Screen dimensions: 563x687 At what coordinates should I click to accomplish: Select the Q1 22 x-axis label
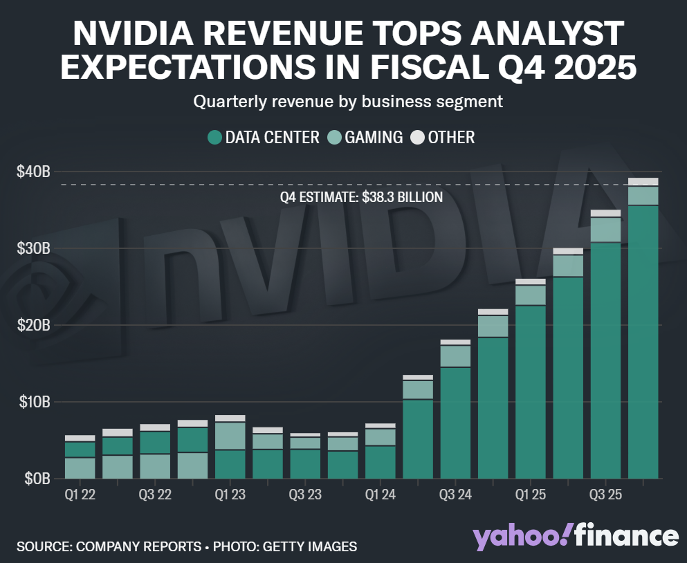pyautogui.click(x=80, y=495)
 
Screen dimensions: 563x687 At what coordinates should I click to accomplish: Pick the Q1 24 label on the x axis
pyautogui.click(x=380, y=495)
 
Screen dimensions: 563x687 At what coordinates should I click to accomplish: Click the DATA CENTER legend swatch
pyautogui.click(x=214, y=138)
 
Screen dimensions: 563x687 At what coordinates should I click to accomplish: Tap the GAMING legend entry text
pyautogui.click(x=374, y=138)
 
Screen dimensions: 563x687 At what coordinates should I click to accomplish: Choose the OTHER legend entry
pyautogui.click(x=451, y=138)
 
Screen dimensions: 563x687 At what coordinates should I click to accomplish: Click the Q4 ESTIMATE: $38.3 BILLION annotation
pyautogui.click(x=361, y=197)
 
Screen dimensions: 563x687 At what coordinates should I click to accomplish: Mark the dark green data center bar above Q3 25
pyautogui.click(x=605, y=360)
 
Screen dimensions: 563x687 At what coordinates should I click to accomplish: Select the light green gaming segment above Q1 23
pyautogui.click(x=230, y=436)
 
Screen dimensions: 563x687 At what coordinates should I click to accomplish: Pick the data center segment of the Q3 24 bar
pyautogui.click(x=455, y=422)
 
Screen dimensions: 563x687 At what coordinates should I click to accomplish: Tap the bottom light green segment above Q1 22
pyautogui.click(x=80, y=468)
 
